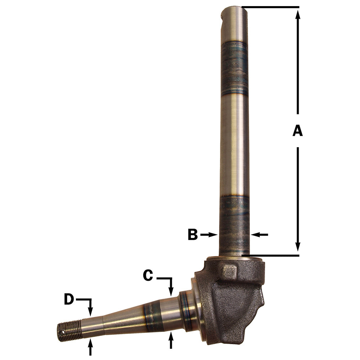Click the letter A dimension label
click(297, 131)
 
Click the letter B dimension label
click(193, 235)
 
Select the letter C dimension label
click(148, 275)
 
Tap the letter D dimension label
click(69, 299)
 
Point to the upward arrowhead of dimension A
click(298, 14)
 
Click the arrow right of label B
click(208, 235)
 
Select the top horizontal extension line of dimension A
click(270, 6)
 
